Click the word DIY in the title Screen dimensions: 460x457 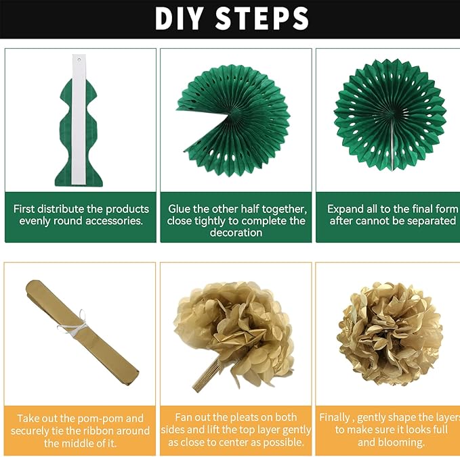coord(179,18)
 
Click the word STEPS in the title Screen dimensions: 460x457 coord(262,18)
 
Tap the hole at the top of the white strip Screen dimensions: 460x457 coord(79,59)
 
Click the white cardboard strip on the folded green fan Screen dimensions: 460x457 coord(79,119)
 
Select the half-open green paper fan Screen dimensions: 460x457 coord(233,120)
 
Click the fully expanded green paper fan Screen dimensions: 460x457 coord(390,115)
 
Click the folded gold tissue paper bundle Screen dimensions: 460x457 coord(82,333)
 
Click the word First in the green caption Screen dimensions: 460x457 coord(24,209)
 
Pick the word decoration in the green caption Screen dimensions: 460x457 coord(236,233)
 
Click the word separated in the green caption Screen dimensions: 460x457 coord(432,221)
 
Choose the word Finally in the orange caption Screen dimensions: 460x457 coord(335,417)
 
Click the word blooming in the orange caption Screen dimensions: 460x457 coord(391,442)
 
